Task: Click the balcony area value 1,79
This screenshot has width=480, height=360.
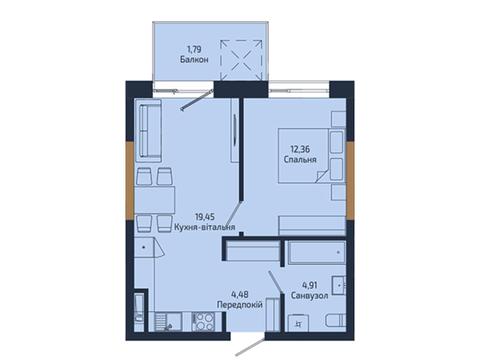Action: click(x=194, y=50)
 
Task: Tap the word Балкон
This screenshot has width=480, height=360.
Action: click(x=194, y=60)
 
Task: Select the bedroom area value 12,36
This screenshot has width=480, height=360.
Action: click(x=300, y=149)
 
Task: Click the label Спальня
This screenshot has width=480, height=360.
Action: click(x=300, y=159)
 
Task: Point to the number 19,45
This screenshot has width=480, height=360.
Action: click(x=205, y=217)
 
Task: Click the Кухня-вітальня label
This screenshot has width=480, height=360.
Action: click(x=205, y=227)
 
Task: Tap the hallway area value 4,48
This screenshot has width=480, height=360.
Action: click(x=240, y=294)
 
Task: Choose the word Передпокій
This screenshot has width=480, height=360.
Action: click(x=240, y=304)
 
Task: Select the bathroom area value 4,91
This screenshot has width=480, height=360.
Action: click(x=310, y=285)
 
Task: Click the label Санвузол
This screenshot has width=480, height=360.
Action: click(x=310, y=295)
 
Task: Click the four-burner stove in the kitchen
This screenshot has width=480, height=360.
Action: click(x=203, y=322)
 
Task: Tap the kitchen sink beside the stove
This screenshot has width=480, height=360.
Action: click(x=168, y=322)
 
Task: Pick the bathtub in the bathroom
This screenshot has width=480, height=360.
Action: click(x=317, y=252)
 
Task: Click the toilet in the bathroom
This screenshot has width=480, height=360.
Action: click(x=336, y=322)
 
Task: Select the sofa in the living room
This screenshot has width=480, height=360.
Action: click(x=148, y=130)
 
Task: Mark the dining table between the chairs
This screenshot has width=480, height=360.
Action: click(x=155, y=200)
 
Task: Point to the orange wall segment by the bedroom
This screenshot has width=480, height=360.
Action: click(x=350, y=180)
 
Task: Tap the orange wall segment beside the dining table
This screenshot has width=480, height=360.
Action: click(x=130, y=180)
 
